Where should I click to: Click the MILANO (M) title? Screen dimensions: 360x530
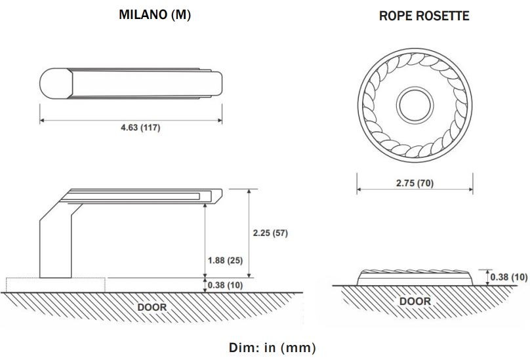click(x=155, y=15)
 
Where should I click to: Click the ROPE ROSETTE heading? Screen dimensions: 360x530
click(x=424, y=16)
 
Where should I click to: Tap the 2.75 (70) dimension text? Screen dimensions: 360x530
click(x=415, y=183)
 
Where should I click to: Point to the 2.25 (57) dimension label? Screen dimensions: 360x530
click(x=270, y=233)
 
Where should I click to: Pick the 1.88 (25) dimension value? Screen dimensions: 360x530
click(x=225, y=260)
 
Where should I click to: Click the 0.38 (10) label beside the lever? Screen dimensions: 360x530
click(x=225, y=285)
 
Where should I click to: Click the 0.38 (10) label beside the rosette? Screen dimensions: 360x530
click(x=509, y=277)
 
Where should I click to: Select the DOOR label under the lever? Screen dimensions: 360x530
click(x=152, y=306)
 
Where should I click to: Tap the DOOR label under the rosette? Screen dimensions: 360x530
click(x=415, y=301)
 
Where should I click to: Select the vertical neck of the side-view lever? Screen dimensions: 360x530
click(x=54, y=246)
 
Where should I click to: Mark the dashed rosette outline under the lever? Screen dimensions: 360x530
click(x=20, y=285)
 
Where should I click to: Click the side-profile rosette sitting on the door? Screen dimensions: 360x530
click(x=415, y=277)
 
